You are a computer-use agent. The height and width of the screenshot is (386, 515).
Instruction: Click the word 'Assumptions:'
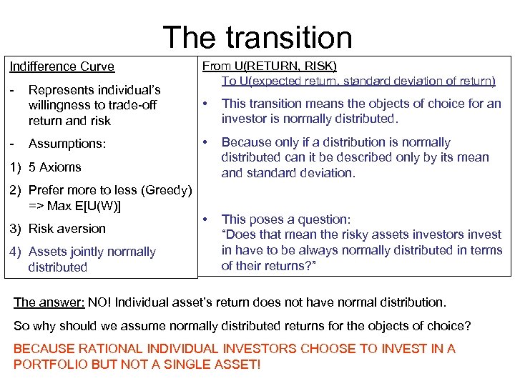coord(67,144)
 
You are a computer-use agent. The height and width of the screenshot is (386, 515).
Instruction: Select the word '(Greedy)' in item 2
coord(168,190)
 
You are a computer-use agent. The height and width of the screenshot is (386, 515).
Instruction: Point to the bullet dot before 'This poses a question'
coord(206,219)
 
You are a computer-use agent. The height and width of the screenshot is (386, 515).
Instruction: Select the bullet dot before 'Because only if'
coord(206,142)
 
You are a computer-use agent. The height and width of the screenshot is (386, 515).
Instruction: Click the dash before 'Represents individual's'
coord(12,90)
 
